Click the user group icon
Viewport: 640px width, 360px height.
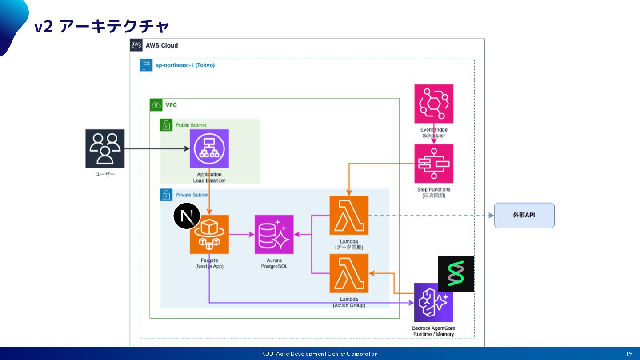point(105,148)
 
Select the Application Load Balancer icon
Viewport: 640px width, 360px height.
point(209,149)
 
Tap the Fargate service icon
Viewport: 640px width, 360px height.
point(209,235)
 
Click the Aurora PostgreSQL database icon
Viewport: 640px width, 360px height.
point(274,235)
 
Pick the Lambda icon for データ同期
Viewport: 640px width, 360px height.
point(349,216)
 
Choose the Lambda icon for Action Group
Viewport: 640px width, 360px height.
point(349,273)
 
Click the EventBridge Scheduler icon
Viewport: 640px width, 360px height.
point(434,104)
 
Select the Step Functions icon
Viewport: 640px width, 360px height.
point(434,164)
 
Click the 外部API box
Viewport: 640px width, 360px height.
point(524,216)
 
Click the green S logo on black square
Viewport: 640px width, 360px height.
point(456,273)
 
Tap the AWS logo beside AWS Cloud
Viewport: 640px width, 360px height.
point(136,45)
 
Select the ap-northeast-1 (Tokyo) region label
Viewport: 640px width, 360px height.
point(185,65)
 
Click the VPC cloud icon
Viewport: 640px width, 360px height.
point(156,105)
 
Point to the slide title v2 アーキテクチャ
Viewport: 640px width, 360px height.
point(102,27)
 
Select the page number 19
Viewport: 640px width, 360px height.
point(629,354)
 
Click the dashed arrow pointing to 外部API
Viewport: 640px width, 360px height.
point(431,216)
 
